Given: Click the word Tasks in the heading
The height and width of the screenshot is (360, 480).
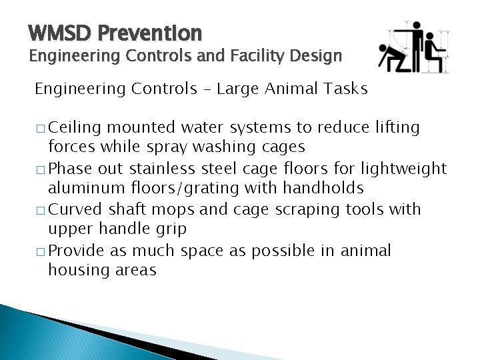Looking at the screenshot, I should coord(345,89).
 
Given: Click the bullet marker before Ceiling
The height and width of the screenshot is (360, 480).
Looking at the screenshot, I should coord(39,127).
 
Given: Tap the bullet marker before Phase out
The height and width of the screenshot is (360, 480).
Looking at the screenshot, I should coord(39,169).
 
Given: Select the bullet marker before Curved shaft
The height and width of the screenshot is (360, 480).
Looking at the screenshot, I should coord(39,210).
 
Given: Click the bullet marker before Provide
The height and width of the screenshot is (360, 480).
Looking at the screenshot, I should coord(39,251).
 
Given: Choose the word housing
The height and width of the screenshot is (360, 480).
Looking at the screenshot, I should coord(75,271).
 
